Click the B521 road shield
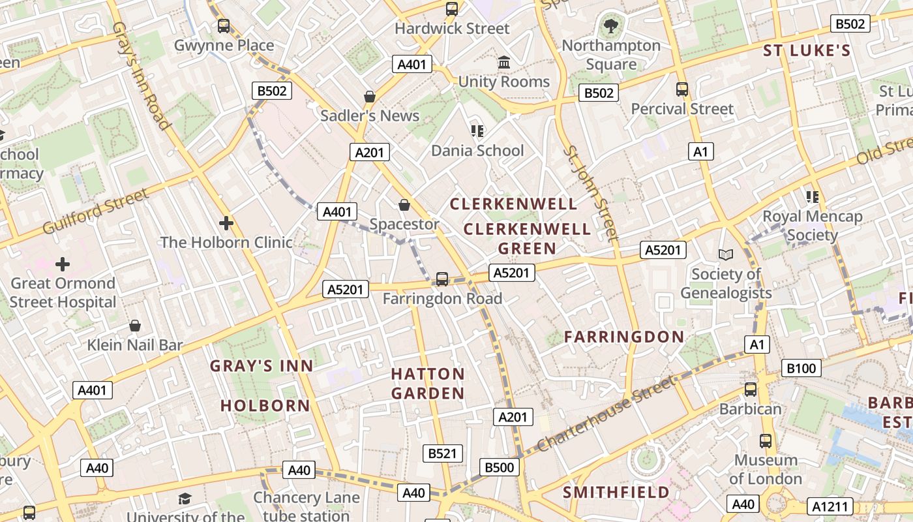click(443, 453)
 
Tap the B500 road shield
click(500, 467)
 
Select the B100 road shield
click(801, 368)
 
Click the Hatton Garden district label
click(428, 384)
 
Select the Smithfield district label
click(616, 492)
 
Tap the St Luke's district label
click(807, 51)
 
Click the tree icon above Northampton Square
click(611, 26)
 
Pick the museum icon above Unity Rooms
click(504, 63)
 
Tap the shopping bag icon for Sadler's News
click(370, 97)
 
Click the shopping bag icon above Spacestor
click(404, 205)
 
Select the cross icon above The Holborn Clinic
click(226, 223)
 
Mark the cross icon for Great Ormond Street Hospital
click(63, 264)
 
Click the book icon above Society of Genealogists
click(726, 254)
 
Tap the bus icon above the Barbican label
click(751, 390)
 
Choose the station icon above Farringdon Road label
click(442, 279)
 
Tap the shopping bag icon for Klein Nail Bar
click(135, 325)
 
